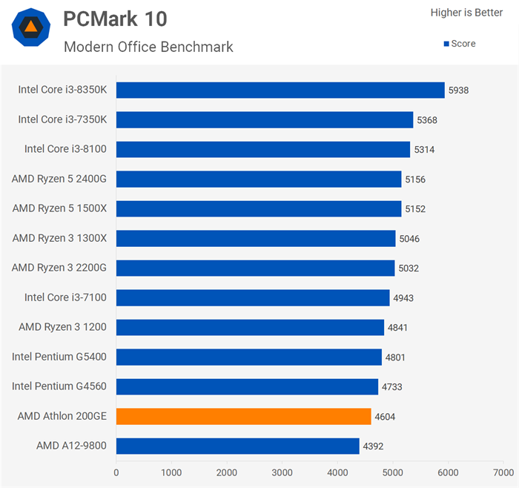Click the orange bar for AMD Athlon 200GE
243,416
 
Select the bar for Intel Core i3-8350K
280,90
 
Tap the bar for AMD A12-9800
237,446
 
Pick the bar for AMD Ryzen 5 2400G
259,179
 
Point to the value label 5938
458,90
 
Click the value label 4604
385,417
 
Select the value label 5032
409,268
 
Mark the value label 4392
373,446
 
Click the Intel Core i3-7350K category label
62,119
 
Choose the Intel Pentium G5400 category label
59,357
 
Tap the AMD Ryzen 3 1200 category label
62,327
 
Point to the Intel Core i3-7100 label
65,297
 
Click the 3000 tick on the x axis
282,472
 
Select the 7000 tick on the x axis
503,472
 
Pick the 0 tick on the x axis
116,472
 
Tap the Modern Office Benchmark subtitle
148,47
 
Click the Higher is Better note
466,13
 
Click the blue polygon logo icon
31,28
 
